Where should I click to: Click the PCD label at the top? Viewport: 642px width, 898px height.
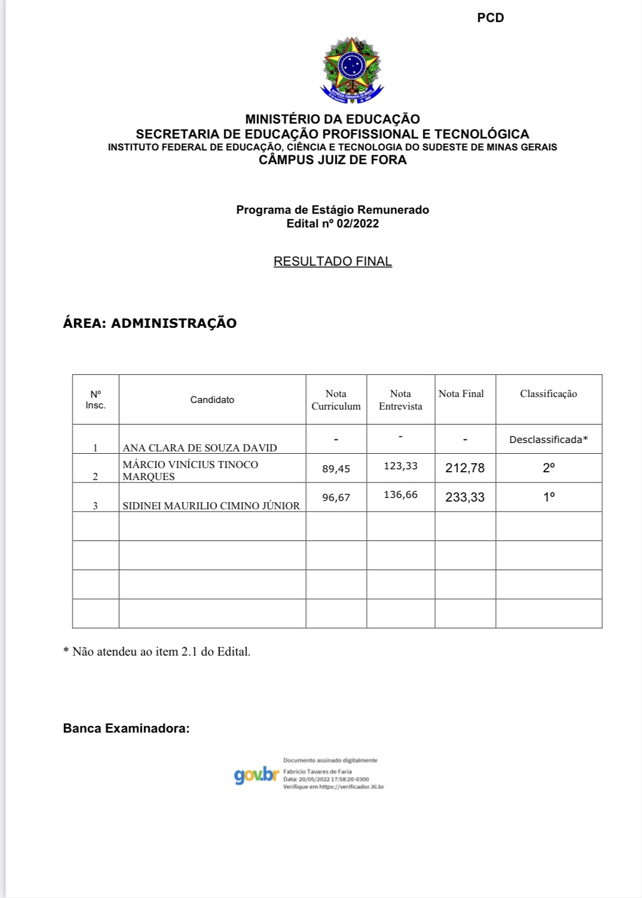(490, 18)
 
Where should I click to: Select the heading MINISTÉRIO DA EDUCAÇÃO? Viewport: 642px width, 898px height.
(332, 119)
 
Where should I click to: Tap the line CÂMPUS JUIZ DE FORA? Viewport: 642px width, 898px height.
(332, 160)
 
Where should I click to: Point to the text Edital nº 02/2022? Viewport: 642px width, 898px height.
(332, 224)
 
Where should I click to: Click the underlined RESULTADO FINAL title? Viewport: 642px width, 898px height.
(332, 262)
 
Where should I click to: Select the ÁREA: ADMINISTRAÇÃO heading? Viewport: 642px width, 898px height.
(149, 323)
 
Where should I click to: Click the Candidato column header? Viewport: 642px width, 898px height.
(212, 400)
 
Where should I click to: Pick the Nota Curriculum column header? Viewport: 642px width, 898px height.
(336, 400)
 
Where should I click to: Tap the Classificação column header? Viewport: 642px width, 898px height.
(548, 394)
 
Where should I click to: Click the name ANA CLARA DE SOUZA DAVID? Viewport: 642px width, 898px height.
(200, 448)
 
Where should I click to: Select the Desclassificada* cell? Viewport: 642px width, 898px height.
(548, 440)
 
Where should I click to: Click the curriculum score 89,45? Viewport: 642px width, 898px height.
(336, 469)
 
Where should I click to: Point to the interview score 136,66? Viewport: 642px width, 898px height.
(401, 495)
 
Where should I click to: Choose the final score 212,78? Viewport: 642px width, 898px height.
(464, 468)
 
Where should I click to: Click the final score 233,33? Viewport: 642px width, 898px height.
(464, 497)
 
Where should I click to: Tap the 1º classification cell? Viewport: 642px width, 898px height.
(548, 497)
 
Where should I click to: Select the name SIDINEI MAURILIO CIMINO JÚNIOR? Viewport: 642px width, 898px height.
(211, 506)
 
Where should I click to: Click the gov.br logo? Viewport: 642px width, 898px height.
(256, 775)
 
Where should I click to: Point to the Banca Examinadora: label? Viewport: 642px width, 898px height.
(126, 728)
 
